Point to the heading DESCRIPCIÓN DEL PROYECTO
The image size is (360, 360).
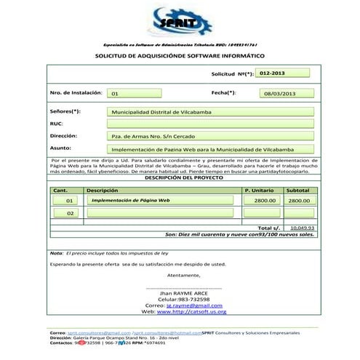point(180,177)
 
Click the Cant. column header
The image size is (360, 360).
point(60,190)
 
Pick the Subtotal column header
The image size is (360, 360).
point(298,190)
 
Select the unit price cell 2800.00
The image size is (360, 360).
point(264,200)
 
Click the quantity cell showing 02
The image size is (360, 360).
point(70,214)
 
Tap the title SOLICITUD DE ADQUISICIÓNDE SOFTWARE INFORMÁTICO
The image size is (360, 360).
point(180,55)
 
